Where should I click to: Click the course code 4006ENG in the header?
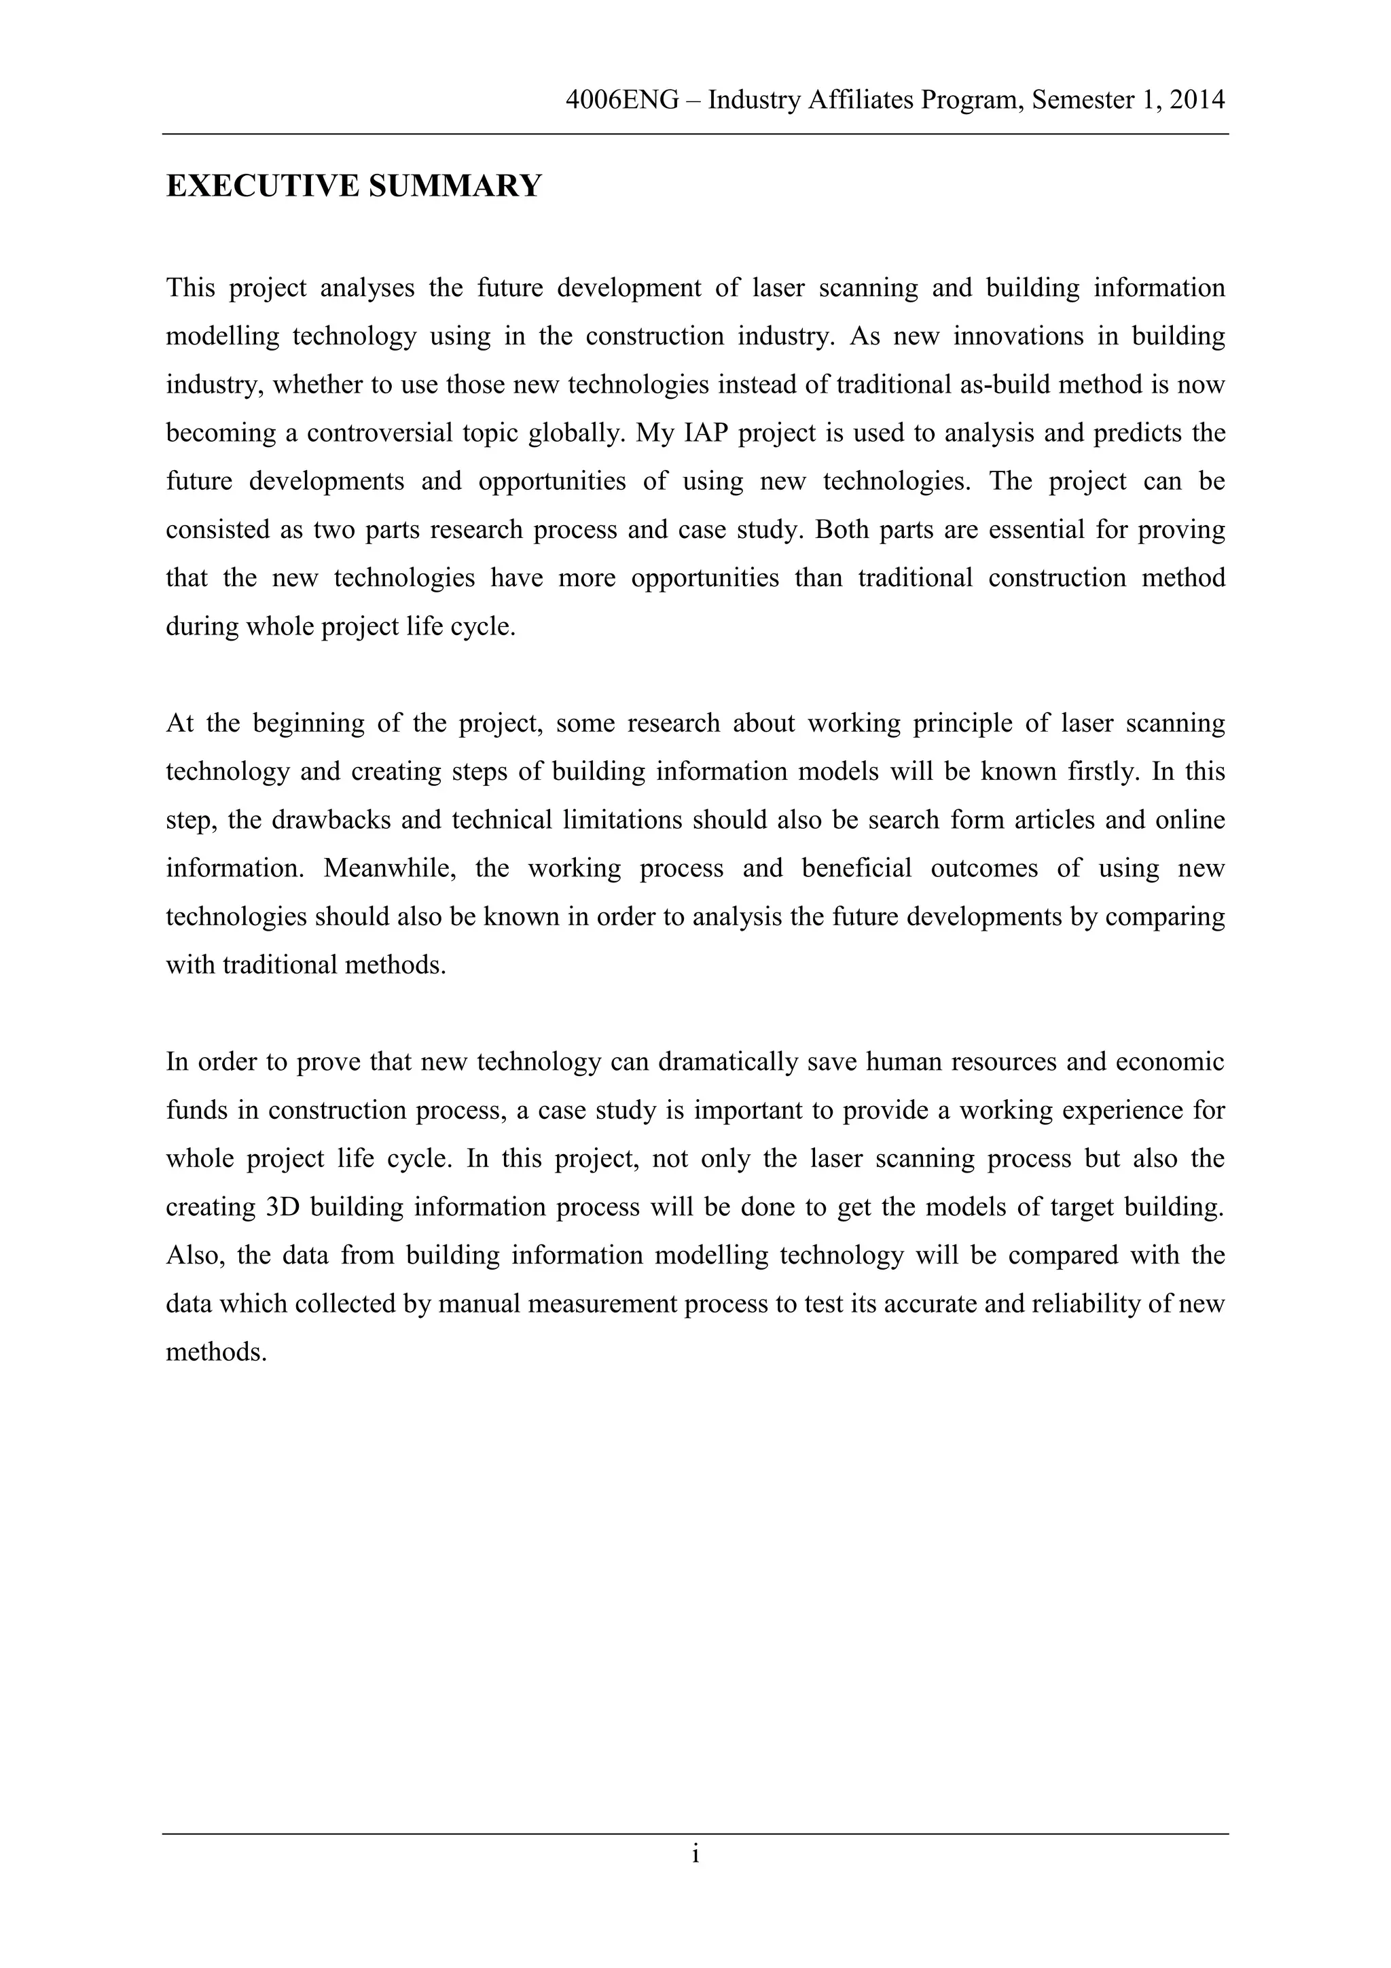pyautogui.click(x=622, y=101)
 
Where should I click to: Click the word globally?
pyautogui.click(x=575, y=433)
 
